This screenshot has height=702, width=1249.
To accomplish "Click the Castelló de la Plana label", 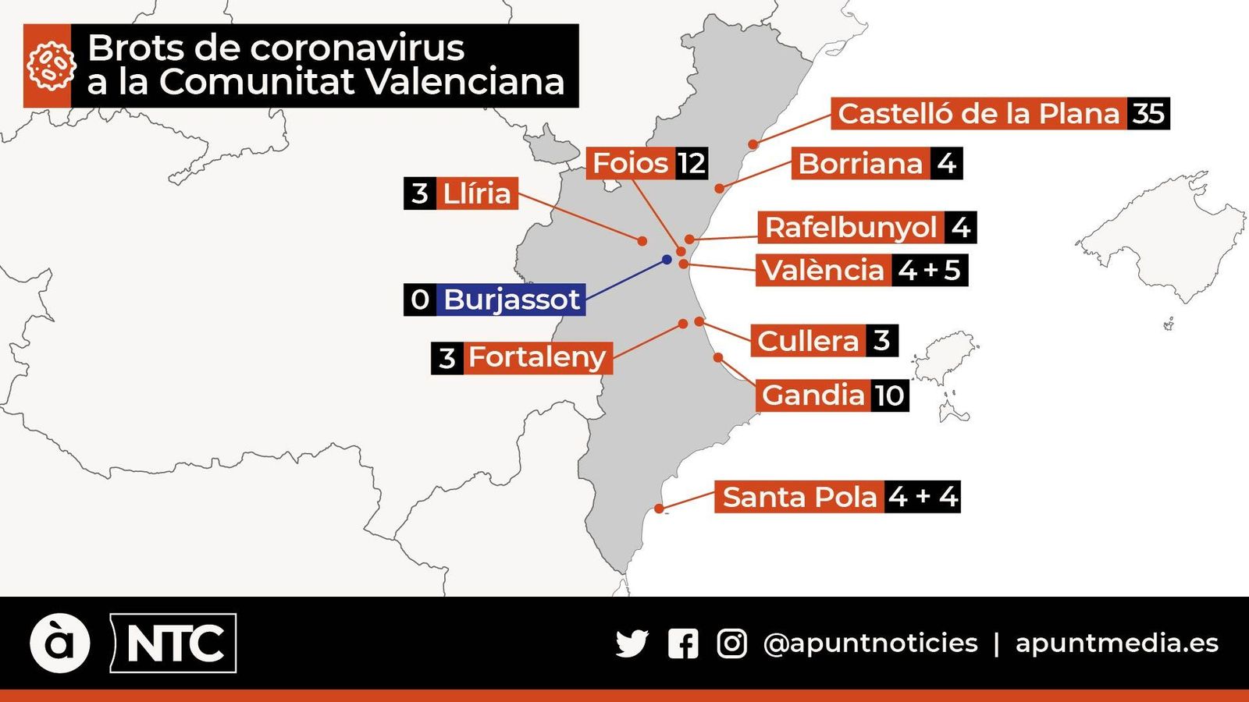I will point(978,114).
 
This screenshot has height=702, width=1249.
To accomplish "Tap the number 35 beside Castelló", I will point(1148,114).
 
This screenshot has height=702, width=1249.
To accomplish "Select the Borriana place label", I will point(860,164).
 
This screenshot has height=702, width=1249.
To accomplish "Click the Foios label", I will point(630,163).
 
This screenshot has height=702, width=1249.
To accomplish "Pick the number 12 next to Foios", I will point(692,163).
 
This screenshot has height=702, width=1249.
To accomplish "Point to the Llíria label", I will point(476,193).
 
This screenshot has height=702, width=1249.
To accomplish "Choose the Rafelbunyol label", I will point(850,227).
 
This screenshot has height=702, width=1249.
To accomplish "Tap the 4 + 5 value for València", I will point(929,270).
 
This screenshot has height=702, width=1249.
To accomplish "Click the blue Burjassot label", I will point(511,300).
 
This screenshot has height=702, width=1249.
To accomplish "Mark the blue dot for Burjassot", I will point(667,259).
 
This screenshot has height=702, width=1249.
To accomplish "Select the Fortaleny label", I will point(537,357).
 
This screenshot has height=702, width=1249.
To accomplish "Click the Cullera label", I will point(808,341).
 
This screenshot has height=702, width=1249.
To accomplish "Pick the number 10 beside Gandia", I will point(889,395).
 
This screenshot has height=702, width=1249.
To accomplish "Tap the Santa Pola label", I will point(799,497).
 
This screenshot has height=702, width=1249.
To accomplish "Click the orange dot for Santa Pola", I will point(660,509).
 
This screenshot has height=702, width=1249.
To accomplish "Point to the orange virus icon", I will point(48,66).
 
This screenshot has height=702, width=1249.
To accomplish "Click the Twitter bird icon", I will point(632,643).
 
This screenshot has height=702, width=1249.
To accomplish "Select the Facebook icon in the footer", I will point(683,643).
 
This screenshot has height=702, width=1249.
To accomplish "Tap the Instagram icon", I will point(731,643).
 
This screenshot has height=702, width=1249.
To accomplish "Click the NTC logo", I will point(174,643).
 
